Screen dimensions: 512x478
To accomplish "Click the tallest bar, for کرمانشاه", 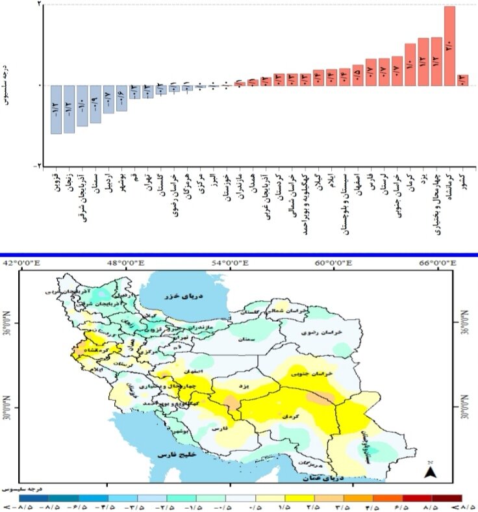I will (x=449, y=45).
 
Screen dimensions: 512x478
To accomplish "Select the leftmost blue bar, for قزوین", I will (x=56, y=109).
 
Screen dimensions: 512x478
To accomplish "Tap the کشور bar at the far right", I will (x=462, y=80).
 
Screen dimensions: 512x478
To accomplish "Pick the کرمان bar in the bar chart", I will (x=410, y=64).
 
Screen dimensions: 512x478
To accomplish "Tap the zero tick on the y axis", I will (x=39, y=86).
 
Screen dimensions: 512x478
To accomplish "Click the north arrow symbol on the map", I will (x=429, y=472).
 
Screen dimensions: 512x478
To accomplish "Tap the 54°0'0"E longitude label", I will (x=229, y=262).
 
